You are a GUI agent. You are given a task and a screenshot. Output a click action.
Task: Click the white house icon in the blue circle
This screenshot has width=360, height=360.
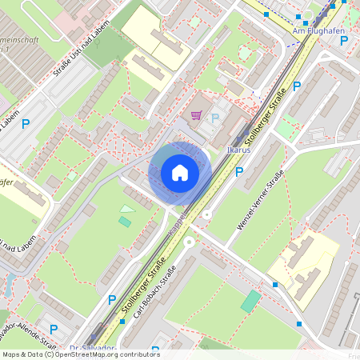coord(180,172)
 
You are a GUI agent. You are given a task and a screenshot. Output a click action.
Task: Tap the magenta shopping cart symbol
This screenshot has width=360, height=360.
coord(196,116)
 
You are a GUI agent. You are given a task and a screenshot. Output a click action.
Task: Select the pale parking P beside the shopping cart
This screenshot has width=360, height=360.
coord(214,118)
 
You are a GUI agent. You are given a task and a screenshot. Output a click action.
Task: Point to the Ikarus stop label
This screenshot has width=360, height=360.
coord(239,150)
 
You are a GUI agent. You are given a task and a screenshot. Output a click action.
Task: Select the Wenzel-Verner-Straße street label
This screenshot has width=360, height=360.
coord(261,201)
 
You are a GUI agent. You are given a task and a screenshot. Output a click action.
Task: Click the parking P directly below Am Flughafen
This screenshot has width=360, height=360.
coord(297,86)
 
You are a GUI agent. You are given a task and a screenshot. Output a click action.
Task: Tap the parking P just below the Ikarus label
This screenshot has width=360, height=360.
coord(238,171)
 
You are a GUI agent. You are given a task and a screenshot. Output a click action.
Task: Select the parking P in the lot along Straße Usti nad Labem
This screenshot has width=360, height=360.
coord(26,124)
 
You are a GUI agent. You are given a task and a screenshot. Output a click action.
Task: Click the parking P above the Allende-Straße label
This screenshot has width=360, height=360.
coord(54,328)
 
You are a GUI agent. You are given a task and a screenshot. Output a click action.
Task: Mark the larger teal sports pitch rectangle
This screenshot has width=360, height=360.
coord(250,301)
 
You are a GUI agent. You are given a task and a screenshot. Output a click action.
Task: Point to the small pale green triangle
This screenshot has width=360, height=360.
coord(126,209)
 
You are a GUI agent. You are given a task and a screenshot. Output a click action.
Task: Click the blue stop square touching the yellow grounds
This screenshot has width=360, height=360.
coord(275,284)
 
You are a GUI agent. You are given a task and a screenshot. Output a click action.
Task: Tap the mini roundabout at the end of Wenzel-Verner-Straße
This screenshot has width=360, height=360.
coord(207,214)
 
